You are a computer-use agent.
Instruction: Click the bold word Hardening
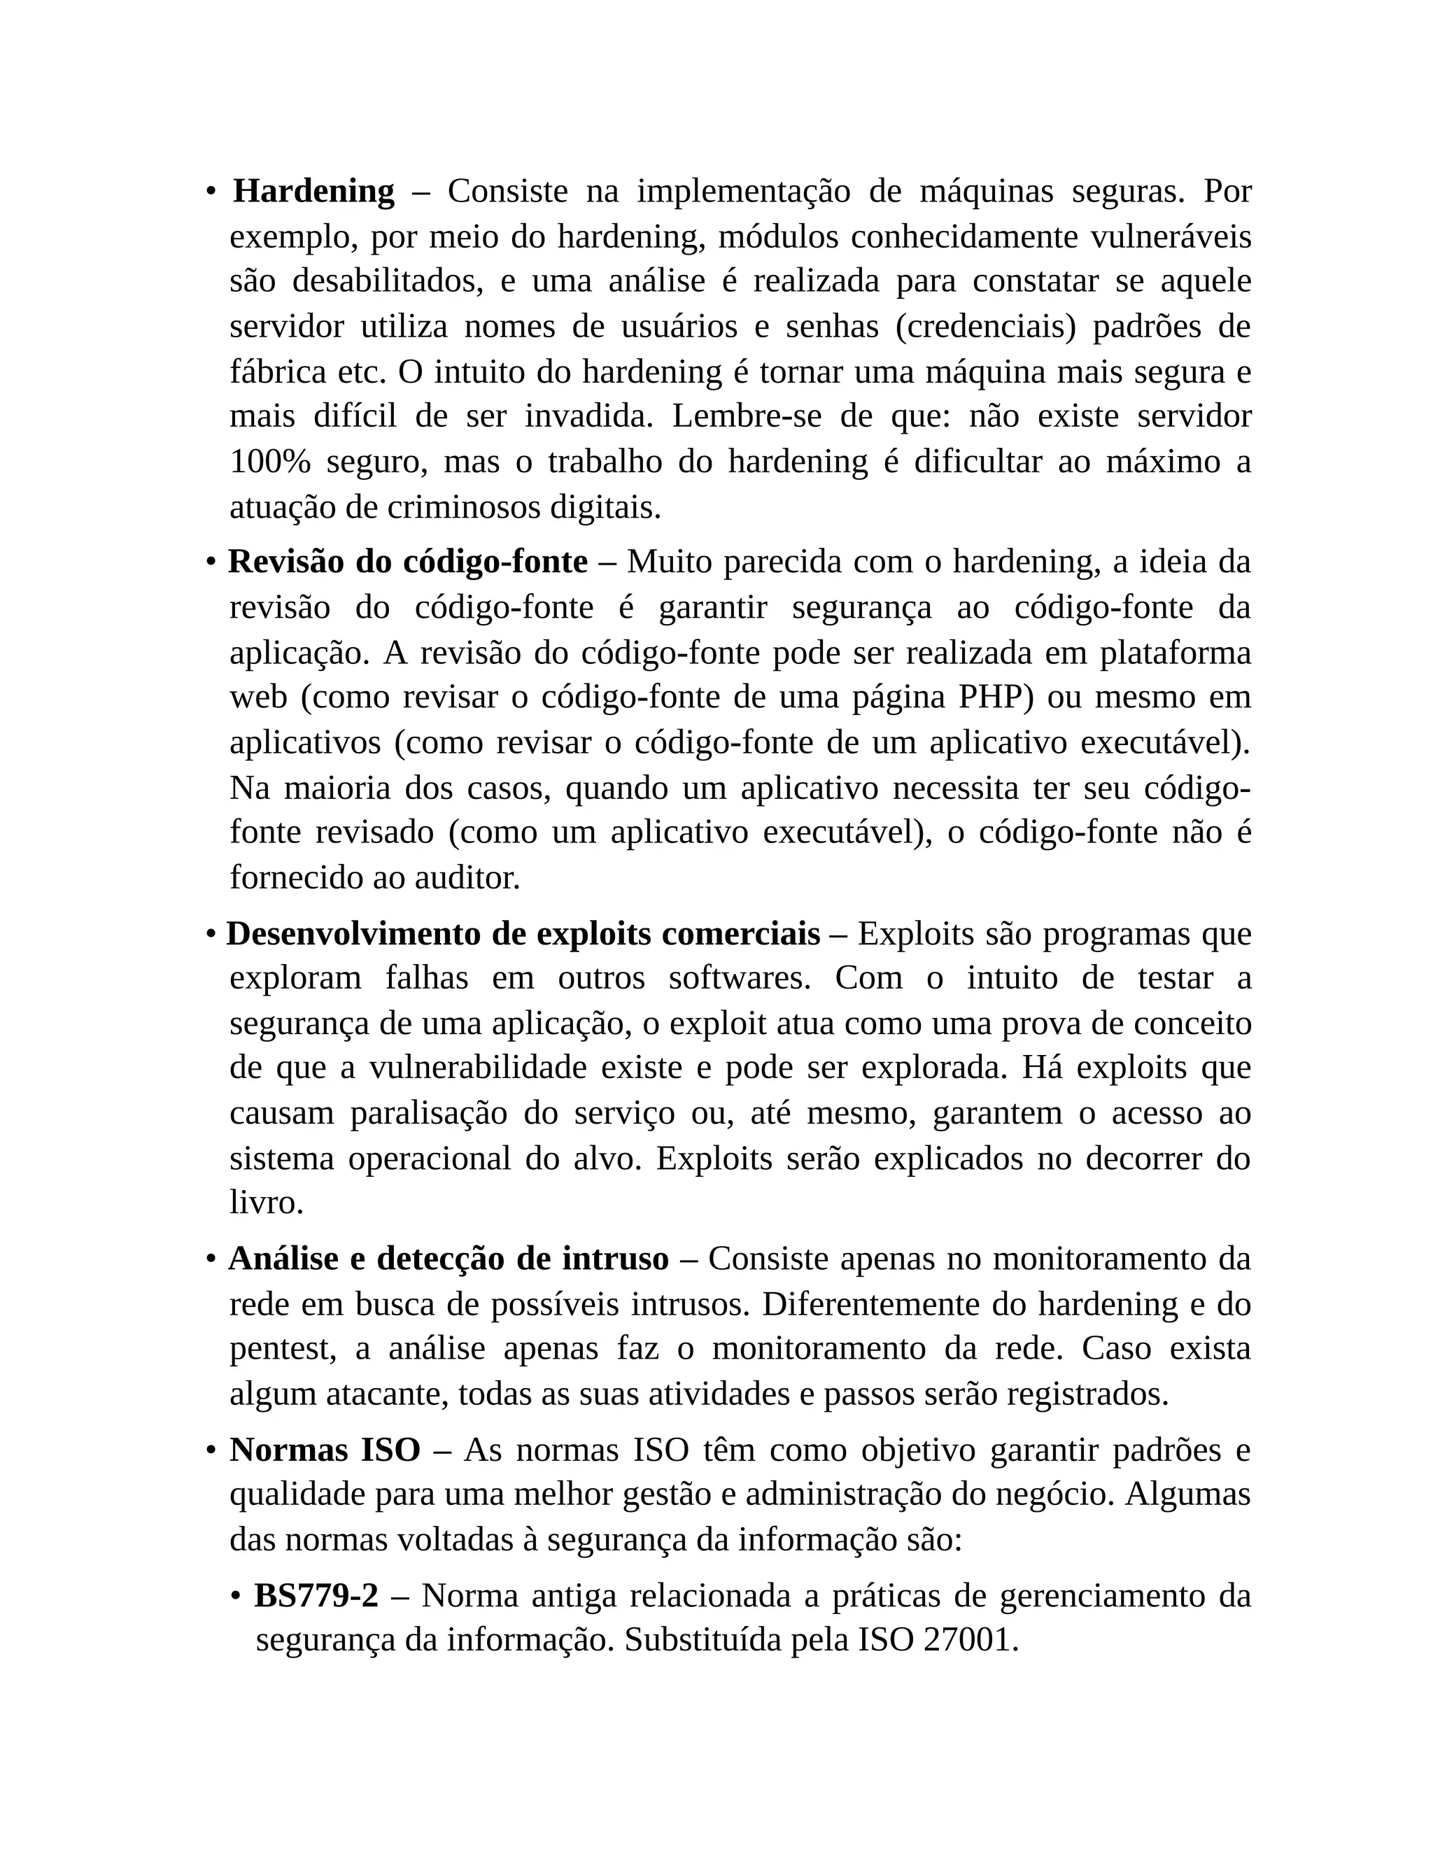[x=313, y=192]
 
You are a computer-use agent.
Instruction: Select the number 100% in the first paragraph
[x=269, y=462]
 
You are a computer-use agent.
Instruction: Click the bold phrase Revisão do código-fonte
[x=407, y=562]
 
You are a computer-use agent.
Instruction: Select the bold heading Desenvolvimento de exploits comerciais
[x=523, y=935]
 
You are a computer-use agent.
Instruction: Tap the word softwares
[x=740, y=979]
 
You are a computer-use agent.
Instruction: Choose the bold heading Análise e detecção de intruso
[x=449, y=1259]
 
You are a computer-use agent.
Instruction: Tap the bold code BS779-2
[x=316, y=1596]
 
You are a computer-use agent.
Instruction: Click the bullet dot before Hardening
[x=210, y=192]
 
